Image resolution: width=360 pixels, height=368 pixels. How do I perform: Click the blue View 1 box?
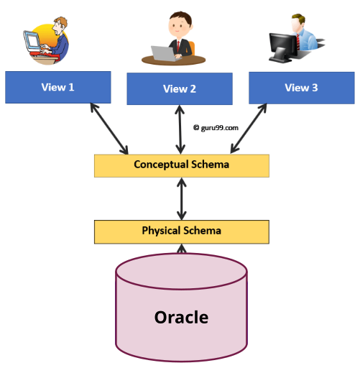57,87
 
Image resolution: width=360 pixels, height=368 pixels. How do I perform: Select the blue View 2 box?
180,89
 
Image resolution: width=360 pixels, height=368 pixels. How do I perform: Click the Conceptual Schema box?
181,165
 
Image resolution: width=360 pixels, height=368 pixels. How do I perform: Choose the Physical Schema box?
181,231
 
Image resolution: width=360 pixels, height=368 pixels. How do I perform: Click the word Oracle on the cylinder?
181,316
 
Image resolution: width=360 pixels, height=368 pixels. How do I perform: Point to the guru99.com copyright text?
216,127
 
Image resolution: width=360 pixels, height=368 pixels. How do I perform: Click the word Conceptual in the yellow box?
160,165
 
